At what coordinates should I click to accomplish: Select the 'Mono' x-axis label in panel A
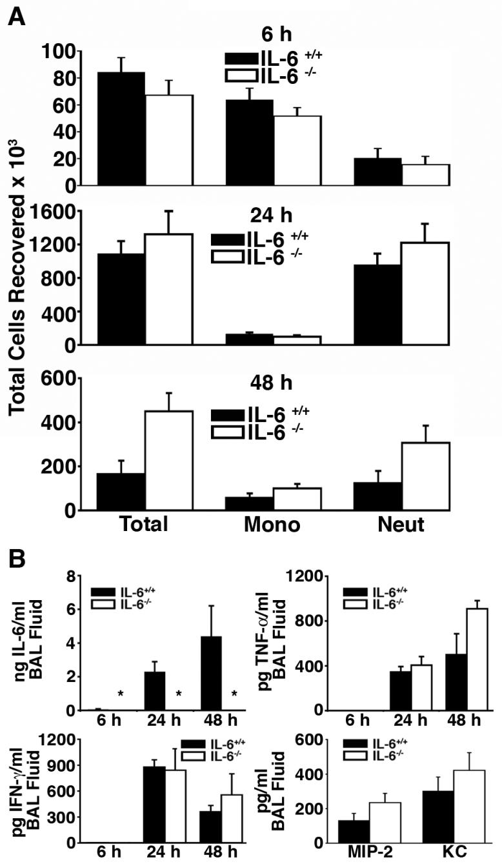pyautogui.click(x=272, y=525)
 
